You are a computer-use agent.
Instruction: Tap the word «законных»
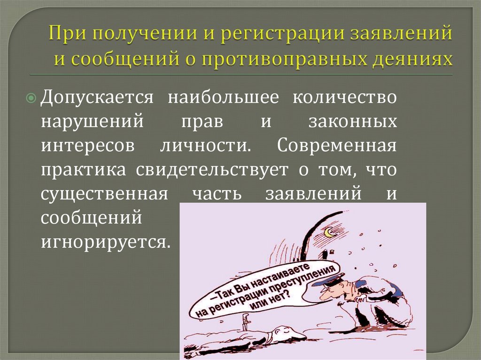click(x=352, y=122)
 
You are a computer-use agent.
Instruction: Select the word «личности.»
click(x=203, y=145)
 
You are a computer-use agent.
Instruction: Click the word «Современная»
click(x=336, y=145)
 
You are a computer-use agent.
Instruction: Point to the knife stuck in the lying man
click(x=245, y=321)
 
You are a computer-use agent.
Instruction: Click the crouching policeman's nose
click(x=322, y=294)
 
